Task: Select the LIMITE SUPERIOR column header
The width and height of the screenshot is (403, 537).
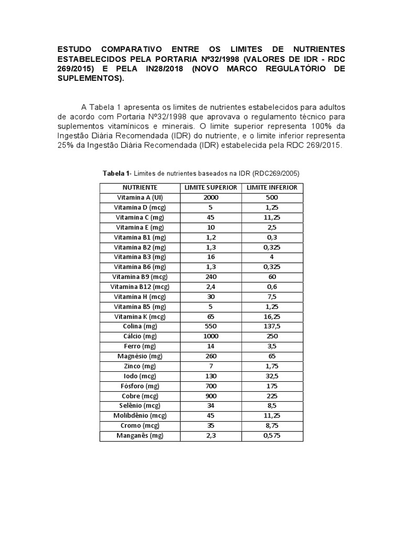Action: [210, 187]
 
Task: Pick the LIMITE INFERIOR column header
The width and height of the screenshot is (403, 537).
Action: [272, 187]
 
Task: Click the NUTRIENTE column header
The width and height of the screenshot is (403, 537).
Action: [140, 187]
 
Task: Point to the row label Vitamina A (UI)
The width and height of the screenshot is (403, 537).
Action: [140, 197]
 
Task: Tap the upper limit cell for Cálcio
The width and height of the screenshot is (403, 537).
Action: [210, 336]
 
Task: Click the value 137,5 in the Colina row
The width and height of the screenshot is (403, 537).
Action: [272, 326]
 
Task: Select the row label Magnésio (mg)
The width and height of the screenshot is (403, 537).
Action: [140, 356]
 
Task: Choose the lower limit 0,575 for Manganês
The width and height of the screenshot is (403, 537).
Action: [272, 436]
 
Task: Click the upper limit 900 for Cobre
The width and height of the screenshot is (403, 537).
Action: [210, 396]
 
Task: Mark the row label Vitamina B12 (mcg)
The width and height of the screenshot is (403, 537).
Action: [140, 286]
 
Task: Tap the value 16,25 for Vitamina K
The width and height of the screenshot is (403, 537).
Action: [272, 316]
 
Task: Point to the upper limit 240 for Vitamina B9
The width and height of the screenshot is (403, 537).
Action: [210, 276]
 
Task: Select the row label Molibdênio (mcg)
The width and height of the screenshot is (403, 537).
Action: [140, 416]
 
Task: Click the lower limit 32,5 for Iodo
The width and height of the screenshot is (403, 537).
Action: [272, 376]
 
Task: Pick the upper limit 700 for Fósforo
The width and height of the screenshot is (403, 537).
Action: [210, 386]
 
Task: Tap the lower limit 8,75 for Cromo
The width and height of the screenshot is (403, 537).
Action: [272, 426]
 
